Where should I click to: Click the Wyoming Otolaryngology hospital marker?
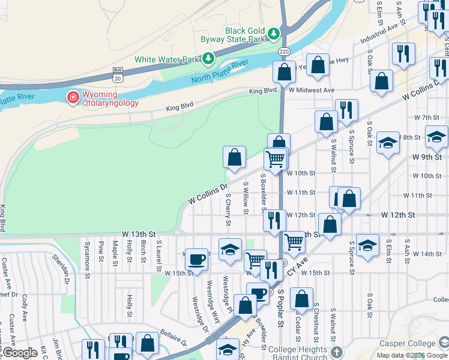tap(73, 97)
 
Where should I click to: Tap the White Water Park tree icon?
tap(208, 59)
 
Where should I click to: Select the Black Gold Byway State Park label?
tap(244, 35)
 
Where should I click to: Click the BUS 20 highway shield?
tap(117, 75)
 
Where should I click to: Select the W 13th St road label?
tap(139, 233)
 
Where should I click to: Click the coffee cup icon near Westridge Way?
tap(196, 259)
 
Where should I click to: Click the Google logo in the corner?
tap(19, 353)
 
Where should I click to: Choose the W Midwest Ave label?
tap(310, 90)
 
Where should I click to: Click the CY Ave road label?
tap(298, 266)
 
